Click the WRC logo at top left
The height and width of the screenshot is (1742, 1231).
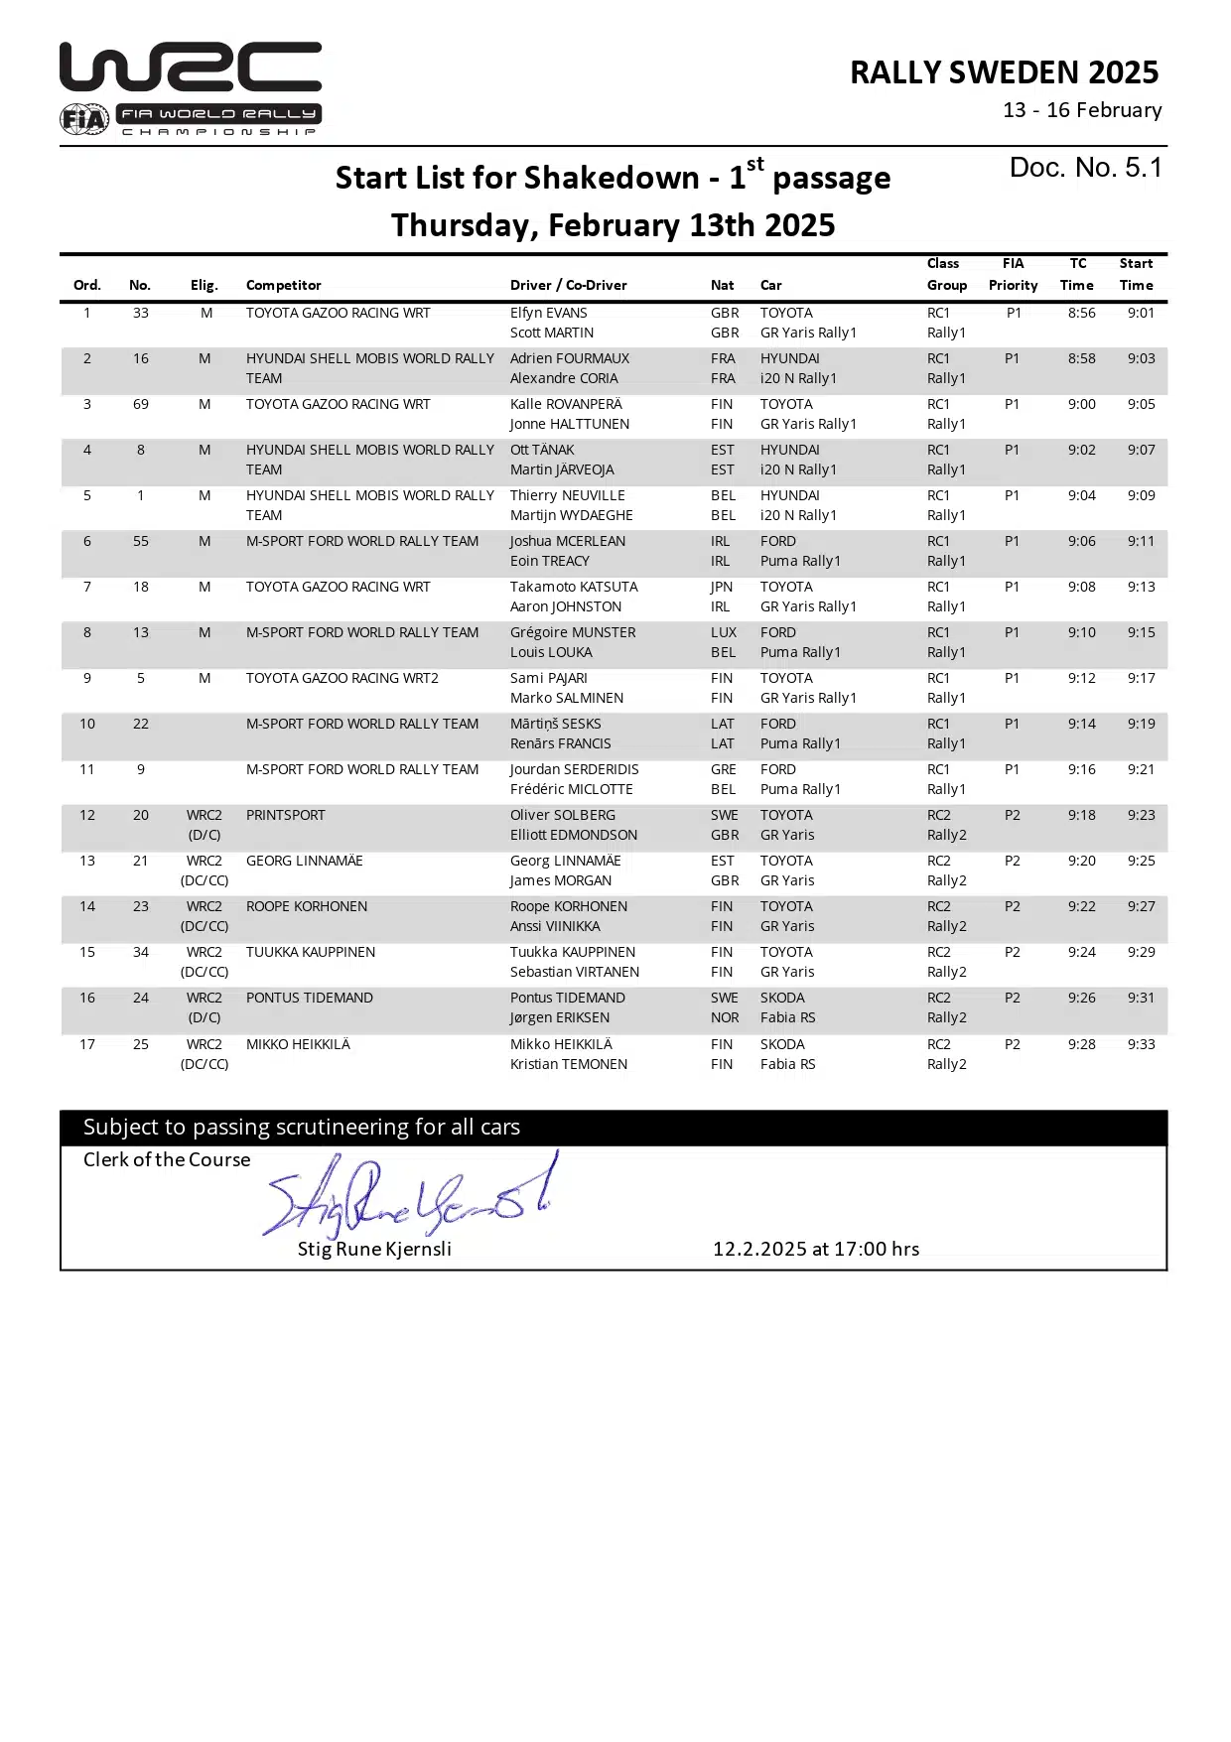click(x=191, y=87)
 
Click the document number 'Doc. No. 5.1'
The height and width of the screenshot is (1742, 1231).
click(x=1085, y=168)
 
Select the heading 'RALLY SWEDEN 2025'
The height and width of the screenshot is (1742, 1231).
click(x=1004, y=72)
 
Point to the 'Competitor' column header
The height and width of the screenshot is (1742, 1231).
click(x=283, y=285)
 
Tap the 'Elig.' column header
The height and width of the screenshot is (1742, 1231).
click(x=204, y=285)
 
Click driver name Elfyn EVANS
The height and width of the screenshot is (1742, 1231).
click(x=548, y=313)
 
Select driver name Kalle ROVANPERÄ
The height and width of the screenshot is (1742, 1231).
click(x=566, y=404)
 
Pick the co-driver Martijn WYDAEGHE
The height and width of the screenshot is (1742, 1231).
click(x=571, y=515)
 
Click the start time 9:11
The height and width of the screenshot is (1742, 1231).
click(x=1141, y=541)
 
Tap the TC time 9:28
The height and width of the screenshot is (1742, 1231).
click(x=1081, y=1044)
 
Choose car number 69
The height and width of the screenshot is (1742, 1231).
click(x=141, y=404)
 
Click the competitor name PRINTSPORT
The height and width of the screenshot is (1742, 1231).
click(x=285, y=815)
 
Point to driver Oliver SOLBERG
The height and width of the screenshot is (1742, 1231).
click(x=562, y=815)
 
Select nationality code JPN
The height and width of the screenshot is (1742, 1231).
click(x=722, y=587)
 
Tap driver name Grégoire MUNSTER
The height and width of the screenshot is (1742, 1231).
click(x=573, y=632)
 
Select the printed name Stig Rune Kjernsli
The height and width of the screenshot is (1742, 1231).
click(x=374, y=1249)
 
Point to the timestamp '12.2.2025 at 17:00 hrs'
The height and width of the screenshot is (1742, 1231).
click(x=815, y=1249)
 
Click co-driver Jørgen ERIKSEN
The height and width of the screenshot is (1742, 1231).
click(x=559, y=1017)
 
